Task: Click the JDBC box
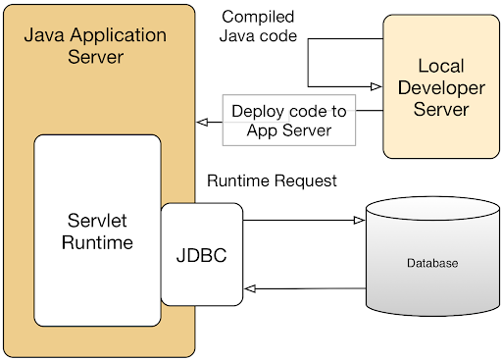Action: (x=201, y=253)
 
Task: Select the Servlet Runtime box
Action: (x=97, y=231)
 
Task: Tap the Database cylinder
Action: (x=431, y=263)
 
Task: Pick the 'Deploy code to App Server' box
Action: (x=281, y=121)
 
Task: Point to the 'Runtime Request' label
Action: (x=272, y=180)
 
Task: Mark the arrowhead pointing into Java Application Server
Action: (x=201, y=123)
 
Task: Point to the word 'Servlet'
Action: (x=97, y=220)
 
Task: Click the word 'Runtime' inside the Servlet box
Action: (x=97, y=241)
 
